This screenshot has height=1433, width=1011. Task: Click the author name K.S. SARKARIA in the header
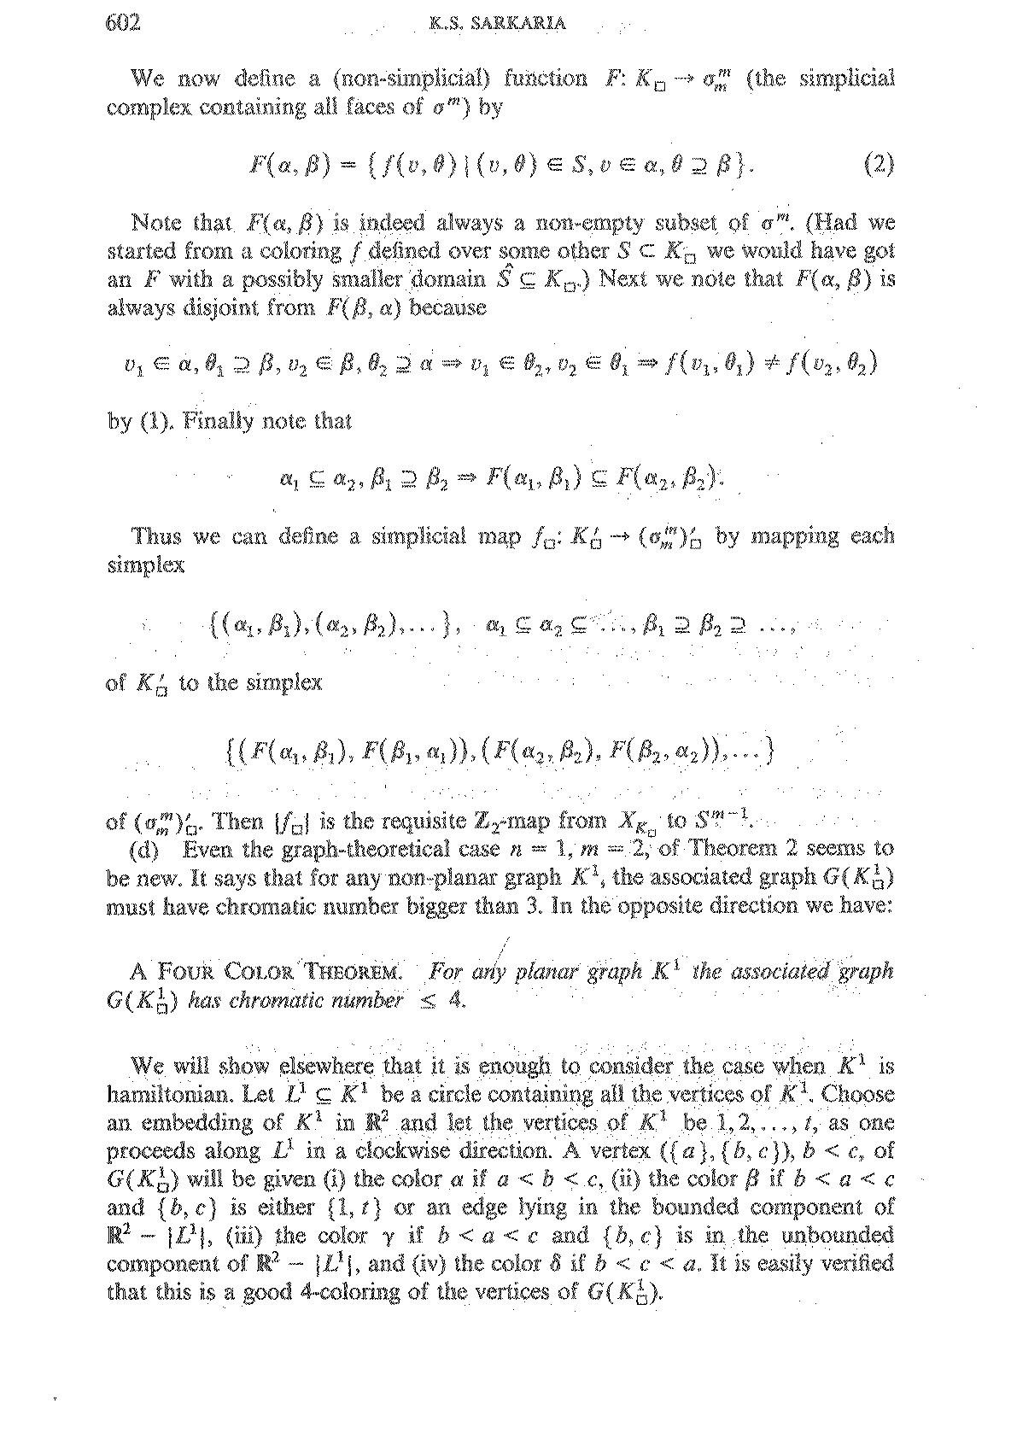click(499, 25)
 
